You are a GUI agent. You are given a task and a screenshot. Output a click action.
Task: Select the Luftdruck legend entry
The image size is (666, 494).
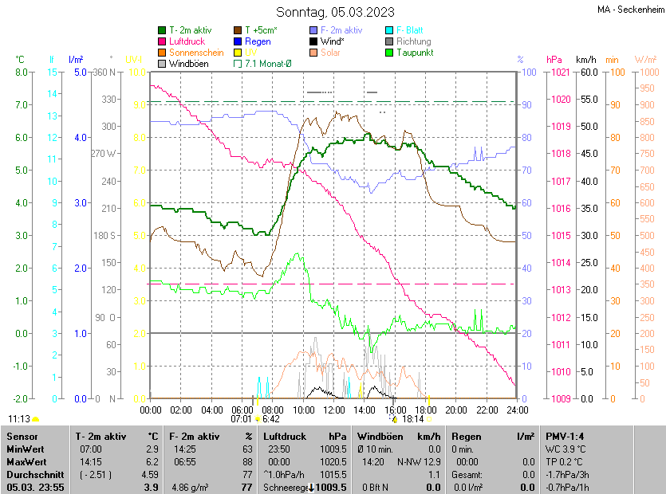(187, 41)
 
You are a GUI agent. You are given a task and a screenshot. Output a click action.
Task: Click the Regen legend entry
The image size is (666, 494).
(258, 41)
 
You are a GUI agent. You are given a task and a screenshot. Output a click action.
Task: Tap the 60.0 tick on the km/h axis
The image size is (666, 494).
(588, 72)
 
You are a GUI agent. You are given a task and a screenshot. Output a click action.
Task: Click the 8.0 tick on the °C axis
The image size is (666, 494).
(22, 72)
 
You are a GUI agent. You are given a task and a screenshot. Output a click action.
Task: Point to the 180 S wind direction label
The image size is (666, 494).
(105, 235)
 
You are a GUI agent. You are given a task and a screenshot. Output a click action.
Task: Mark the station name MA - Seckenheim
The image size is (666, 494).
(630, 10)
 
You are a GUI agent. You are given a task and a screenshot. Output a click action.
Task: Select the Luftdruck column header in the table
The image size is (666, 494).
(284, 437)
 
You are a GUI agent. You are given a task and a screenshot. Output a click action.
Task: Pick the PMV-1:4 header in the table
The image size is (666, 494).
(565, 437)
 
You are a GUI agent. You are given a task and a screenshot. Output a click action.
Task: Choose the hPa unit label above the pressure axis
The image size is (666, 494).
(554, 59)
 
